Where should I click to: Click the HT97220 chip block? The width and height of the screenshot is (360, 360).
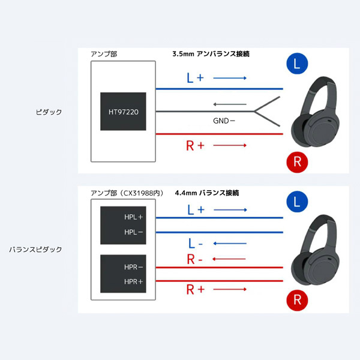pyautogui.click(x=123, y=112)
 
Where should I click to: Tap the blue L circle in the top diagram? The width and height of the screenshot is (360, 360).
pyautogui.click(x=297, y=64)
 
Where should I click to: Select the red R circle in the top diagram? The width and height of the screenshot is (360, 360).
pyautogui.click(x=297, y=162)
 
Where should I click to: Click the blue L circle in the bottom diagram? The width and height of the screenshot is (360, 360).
pyautogui.click(x=297, y=202)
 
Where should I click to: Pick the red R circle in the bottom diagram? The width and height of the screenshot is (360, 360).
pyautogui.click(x=297, y=300)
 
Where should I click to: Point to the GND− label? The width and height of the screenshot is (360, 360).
pyautogui.click(x=224, y=121)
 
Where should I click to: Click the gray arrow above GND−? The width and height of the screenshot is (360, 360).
pyautogui.click(x=230, y=104)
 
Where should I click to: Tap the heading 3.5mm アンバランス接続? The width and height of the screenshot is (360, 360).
pyautogui.click(x=211, y=54)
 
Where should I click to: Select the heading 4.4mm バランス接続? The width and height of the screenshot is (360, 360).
pyautogui.click(x=207, y=193)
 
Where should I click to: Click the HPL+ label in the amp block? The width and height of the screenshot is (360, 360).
pyautogui.click(x=133, y=217)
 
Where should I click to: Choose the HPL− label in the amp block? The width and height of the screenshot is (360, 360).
pyautogui.click(x=133, y=232)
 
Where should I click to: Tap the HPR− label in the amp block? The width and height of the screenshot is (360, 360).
pyautogui.click(x=133, y=267)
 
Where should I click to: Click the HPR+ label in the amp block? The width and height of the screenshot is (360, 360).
pyautogui.click(x=133, y=282)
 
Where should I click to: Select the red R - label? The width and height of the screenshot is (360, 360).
pyautogui.click(x=194, y=259)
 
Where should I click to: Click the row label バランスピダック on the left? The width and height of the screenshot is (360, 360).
pyautogui.click(x=35, y=250)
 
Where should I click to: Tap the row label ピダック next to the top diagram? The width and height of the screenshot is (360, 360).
pyautogui.click(x=49, y=112)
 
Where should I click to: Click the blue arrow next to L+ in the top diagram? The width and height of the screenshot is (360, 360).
pyautogui.click(x=230, y=78)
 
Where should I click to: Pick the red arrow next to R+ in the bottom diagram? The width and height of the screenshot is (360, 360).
pyautogui.click(x=230, y=289)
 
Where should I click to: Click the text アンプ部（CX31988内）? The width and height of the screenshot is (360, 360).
pyautogui.click(x=127, y=193)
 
